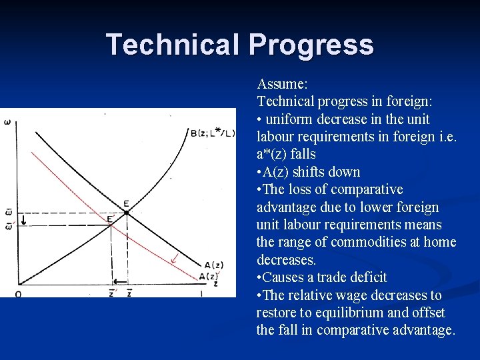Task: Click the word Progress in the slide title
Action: pos(311,45)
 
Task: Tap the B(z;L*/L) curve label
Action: pos(213,133)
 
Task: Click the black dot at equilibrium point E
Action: pos(127,213)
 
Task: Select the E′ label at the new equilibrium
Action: pos(110,217)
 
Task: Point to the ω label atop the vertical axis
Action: pos(7,122)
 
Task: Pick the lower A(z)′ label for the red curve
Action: pos(209,276)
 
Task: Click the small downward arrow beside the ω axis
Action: pos(23,219)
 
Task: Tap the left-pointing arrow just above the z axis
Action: pos(120,282)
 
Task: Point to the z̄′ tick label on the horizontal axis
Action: pos(111,293)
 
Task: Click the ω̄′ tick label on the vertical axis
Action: pos(8,226)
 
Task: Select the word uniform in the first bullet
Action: pos(287,119)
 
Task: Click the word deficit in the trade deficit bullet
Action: pos(365,277)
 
